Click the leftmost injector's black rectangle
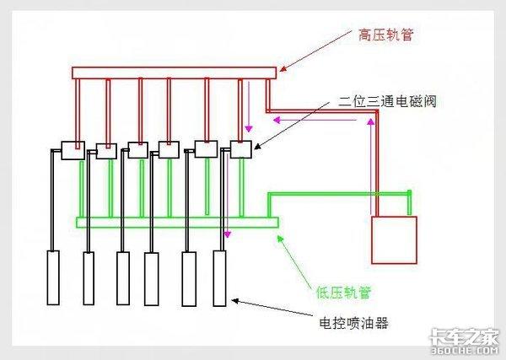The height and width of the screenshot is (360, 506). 53,277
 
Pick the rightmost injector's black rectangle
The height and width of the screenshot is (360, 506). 220,277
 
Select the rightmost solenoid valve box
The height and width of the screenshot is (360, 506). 241,150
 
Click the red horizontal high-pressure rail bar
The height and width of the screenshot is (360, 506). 174,73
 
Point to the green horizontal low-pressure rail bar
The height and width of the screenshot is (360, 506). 176,223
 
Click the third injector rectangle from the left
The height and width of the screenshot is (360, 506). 123,277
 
